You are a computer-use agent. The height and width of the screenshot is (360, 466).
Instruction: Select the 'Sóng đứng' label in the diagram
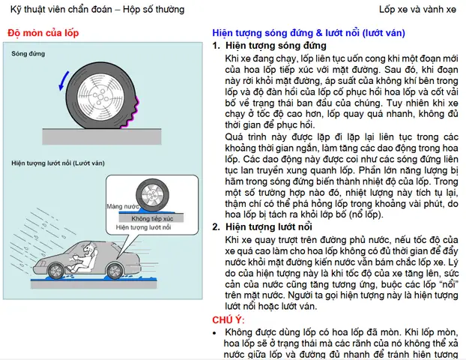pos(28,54)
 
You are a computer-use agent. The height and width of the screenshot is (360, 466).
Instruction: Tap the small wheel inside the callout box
pos(151,196)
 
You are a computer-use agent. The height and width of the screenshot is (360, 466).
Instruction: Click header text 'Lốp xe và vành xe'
pos(417,10)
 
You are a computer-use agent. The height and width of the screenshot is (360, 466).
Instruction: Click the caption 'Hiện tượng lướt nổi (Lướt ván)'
pos(56,162)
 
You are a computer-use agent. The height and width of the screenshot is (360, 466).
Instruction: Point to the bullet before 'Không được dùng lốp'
pos(216,331)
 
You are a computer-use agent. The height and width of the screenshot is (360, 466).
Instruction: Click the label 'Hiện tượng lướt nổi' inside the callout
pos(142,226)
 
